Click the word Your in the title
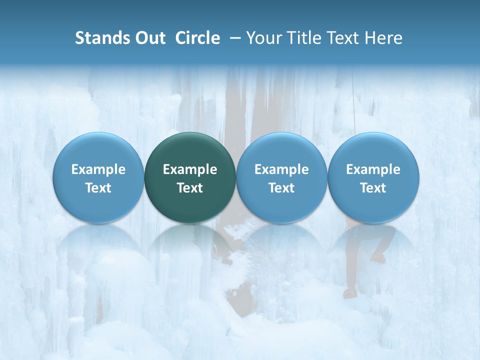pos(264,38)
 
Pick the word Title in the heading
pos(303,38)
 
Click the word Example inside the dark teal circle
pos(190,169)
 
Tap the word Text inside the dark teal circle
pos(190,188)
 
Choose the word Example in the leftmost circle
pos(98,169)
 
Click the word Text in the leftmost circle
pos(98,188)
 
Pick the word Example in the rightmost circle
pos(373,169)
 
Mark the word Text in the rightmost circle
pos(373,188)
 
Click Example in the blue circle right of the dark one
pos(281,169)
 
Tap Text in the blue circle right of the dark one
pos(281,188)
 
